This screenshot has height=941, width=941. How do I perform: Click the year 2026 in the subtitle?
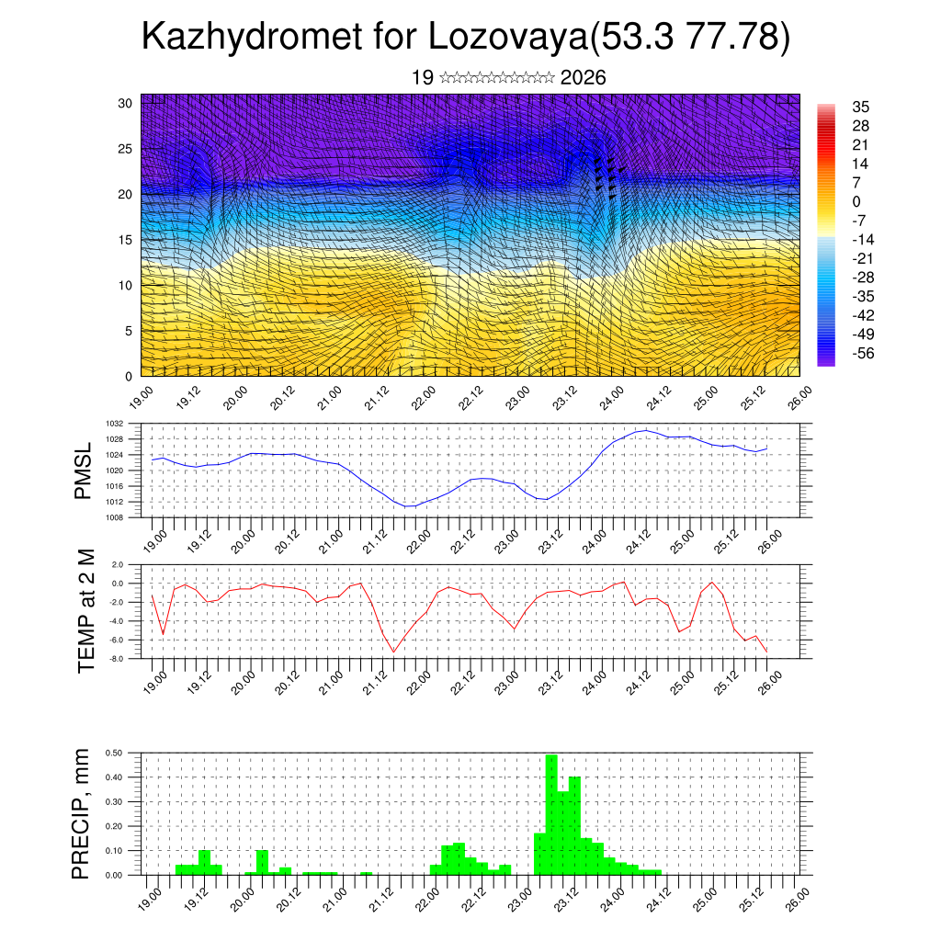pos(583,78)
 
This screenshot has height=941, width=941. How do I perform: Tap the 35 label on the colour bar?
pos(861,107)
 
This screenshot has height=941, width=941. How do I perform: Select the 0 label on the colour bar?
pos(856,201)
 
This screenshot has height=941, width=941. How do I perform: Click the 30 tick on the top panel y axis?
pos(126,103)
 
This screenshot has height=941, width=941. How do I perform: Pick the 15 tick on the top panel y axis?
pos(126,240)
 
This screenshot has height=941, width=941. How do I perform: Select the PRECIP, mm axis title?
pos(84,814)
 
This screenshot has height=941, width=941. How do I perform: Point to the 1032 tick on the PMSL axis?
pos(115,424)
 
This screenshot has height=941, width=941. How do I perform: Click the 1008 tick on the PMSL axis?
pos(115,517)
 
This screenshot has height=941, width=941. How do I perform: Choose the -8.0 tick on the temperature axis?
pos(116,659)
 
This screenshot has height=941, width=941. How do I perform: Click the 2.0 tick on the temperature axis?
pos(117,564)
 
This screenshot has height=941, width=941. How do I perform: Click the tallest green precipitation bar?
pos(551,813)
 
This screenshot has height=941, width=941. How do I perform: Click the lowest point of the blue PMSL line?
pos(409,506)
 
